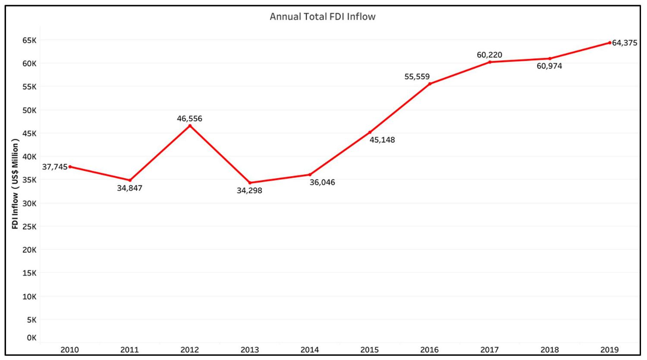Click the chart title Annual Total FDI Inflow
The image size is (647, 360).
click(323, 16)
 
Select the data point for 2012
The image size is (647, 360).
click(190, 126)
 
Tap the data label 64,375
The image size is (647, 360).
click(625, 43)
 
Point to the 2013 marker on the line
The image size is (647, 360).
click(250, 183)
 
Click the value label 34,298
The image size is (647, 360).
click(249, 190)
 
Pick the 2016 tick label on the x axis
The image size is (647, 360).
click(429, 350)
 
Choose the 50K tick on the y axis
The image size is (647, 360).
click(30, 110)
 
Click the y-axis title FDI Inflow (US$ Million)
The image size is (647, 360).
click(15, 184)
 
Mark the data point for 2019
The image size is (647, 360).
click(609, 43)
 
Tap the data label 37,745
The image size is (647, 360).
click(55, 167)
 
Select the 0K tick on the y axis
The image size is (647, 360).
click(31, 338)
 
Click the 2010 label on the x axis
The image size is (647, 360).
click(69, 350)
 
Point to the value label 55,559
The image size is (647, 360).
click(417, 77)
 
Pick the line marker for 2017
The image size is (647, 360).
click(490, 62)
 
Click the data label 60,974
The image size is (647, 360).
click(549, 66)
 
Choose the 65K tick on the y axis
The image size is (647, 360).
click(30, 40)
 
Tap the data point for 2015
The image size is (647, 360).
click(370, 132)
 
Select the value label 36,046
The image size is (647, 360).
click(322, 182)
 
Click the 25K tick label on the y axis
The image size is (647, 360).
click(30, 227)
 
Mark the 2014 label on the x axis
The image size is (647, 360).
click(310, 350)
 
